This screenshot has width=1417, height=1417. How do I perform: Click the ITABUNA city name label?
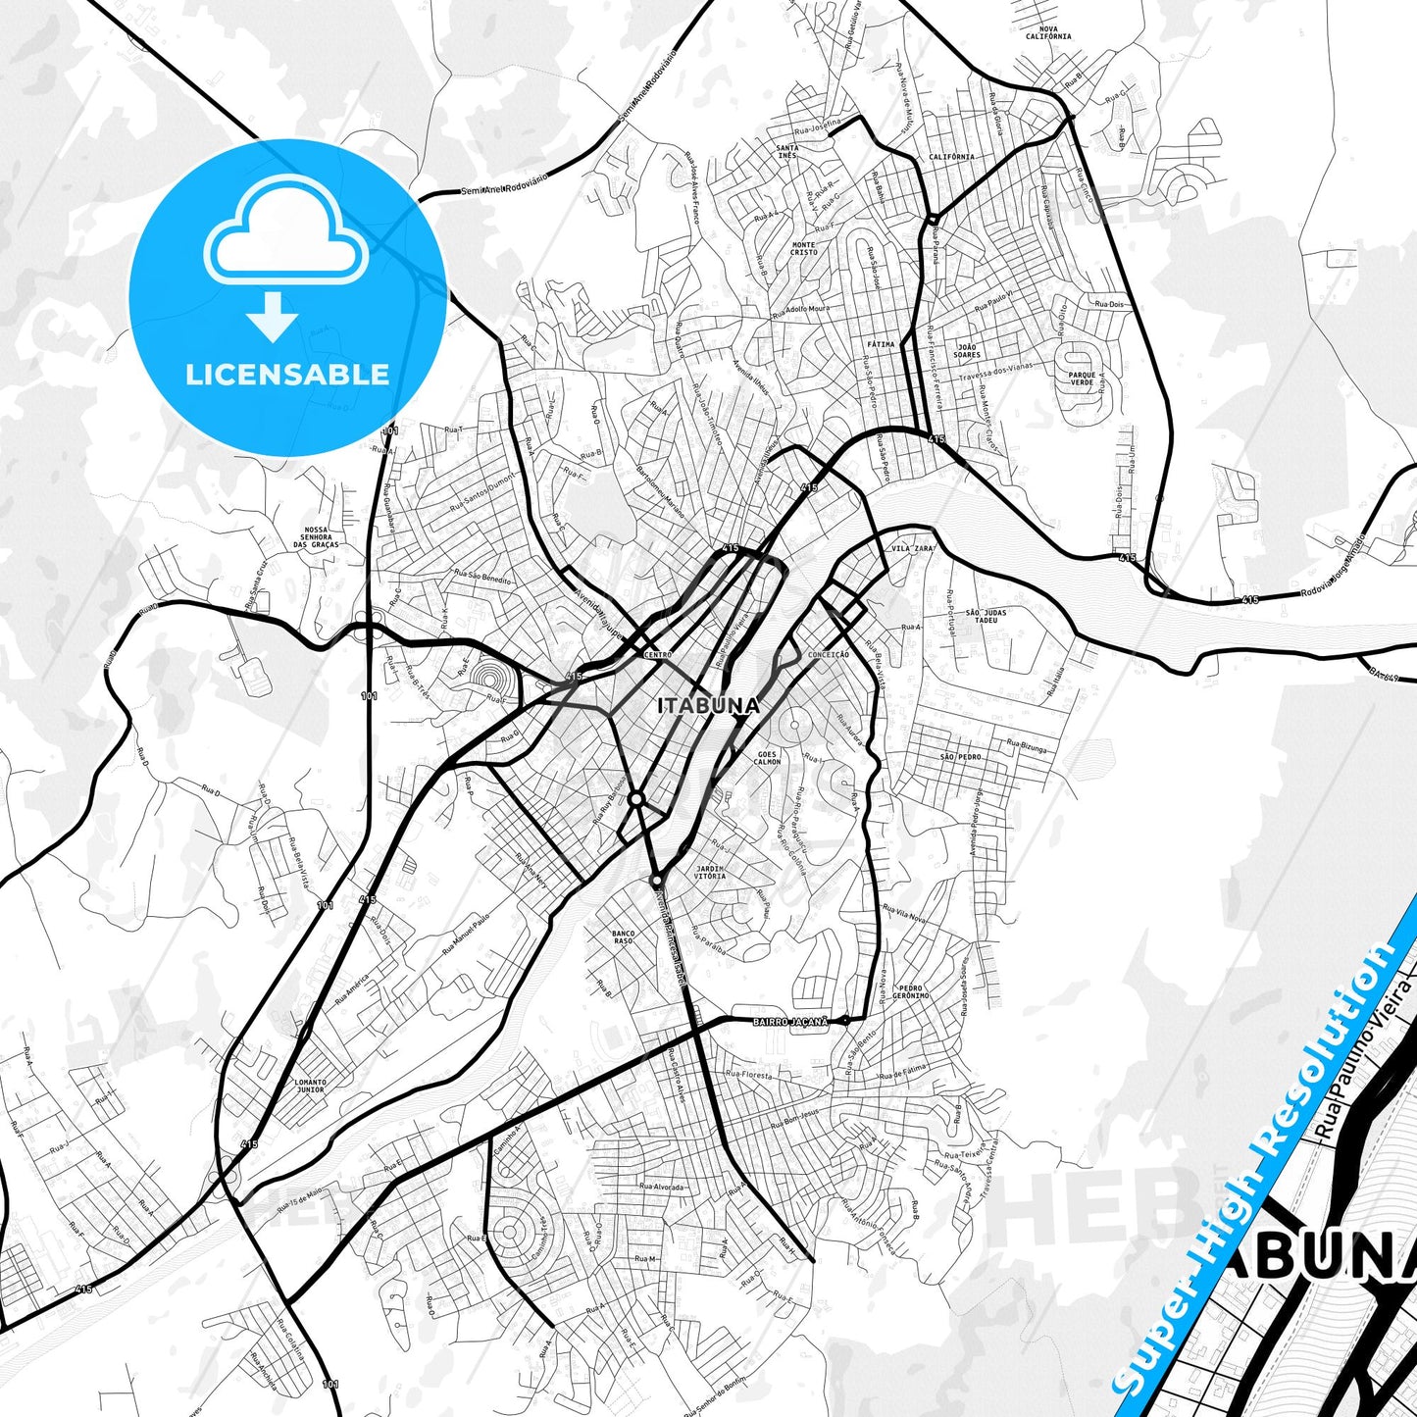click(708, 705)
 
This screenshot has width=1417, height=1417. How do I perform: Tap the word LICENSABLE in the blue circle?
click(287, 374)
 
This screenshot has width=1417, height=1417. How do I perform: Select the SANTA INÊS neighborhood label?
click(786, 152)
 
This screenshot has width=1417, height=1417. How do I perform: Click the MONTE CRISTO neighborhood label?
click(804, 248)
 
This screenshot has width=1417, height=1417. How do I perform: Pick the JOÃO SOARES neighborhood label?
click(967, 351)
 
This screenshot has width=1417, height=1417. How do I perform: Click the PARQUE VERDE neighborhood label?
click(1082, 380)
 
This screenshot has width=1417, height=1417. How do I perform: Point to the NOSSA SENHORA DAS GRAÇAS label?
click(322, 536)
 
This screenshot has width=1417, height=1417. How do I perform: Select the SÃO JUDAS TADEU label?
click(987, 617)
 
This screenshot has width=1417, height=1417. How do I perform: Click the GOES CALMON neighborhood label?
click(767, 758)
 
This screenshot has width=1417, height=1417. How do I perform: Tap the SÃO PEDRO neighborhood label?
click(961, 758)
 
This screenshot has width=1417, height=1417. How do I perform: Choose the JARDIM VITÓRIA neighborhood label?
click(709, 872)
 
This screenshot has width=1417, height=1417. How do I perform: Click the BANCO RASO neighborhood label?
click(623, 937)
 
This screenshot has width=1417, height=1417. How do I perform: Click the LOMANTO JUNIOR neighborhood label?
click(310, 1086)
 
